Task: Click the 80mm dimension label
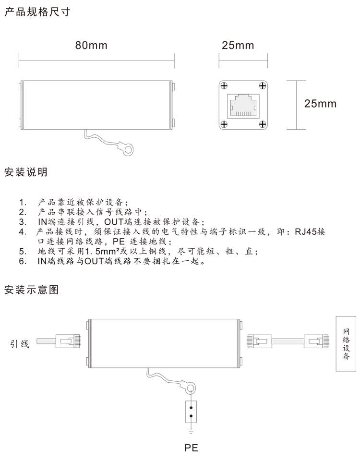[91, 45]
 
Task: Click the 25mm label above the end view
[238, 45]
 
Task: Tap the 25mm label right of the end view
[320, 104]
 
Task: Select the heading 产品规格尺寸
[37, 12]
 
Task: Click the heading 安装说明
[26, 172]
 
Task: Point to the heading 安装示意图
[32, 290]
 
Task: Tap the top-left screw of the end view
[224, 86]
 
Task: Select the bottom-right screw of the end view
[263, 124]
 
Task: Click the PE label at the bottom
[192, 448]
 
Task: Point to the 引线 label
[20, 344]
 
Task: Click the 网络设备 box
[346, 344]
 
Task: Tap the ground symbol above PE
[191, 432]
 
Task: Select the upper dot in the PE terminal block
[191, 408]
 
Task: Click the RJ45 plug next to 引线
[68, 341]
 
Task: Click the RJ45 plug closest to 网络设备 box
[316, 341]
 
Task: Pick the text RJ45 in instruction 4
[306, 231]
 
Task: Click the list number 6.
[23, 261]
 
